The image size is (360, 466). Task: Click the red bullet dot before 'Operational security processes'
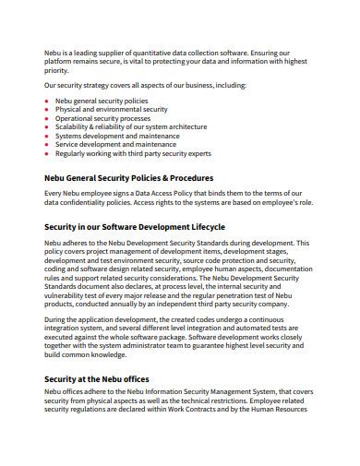click(x=48, y=118)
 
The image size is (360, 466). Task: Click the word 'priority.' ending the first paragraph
click(x=56, y=69)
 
